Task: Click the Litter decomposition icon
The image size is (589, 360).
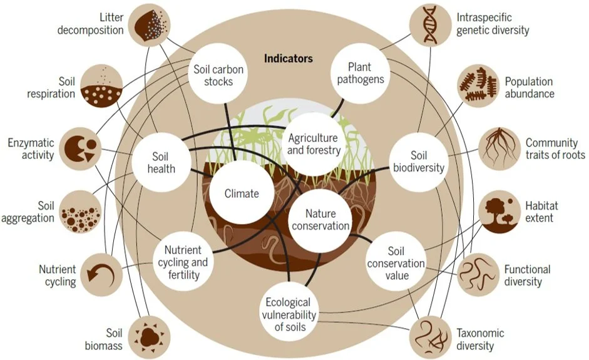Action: (149, 25)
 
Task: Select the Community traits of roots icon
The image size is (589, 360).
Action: (499, 148)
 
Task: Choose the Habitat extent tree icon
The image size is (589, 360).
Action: (499, 211)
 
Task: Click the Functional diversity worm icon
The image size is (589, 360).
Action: (478, 274)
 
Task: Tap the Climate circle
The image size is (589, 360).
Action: (242, 193)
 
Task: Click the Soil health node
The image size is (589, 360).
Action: (162, 162)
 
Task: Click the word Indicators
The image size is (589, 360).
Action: (288, 58)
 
